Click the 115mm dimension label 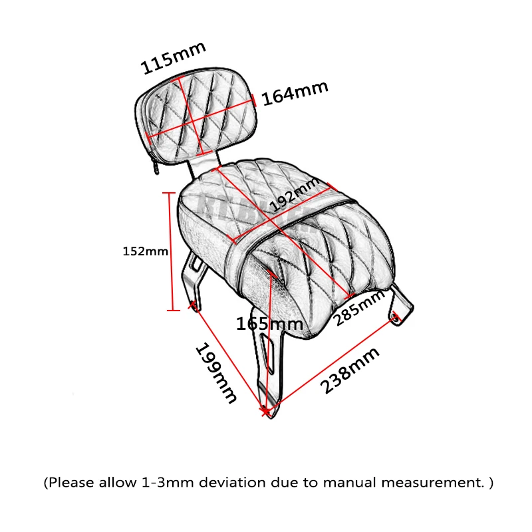pyautogui.click(x=174, y=59)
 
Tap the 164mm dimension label pyautogui.click(x=295, y=93)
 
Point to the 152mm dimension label pyautogui.click(x=146, y=251)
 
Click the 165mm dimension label pyautogui.click(x=269, y=325)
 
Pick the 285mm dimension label pyautogui.click(x=360, y=309)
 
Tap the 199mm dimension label pyautogui.click(x=215, y=374)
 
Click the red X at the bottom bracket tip pyautogui.click(x=267, y=412)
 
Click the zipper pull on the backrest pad pyautogui.click(x=156, y=166)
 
